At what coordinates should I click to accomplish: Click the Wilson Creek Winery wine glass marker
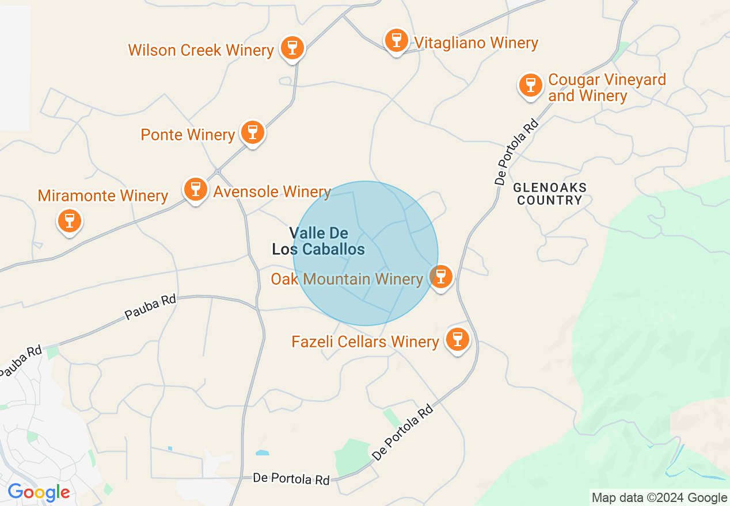[x=292, y=48]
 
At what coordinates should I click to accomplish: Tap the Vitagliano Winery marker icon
[x=396, y=40]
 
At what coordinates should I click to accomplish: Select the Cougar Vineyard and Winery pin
[x=530, y=85]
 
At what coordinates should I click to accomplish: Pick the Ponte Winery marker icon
[x=252, y=132]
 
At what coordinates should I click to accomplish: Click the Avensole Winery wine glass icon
[x=196, y=189]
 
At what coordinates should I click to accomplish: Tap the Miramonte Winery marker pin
[x=70, y=220]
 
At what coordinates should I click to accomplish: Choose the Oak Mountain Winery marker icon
[x=441, y=276]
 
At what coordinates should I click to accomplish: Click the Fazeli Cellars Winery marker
[x=458, y=339]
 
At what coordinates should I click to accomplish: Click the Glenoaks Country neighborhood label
[x=549, y=194]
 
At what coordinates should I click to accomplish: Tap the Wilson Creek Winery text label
[x=201, y=50]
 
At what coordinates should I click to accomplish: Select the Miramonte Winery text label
[x=103, y=196]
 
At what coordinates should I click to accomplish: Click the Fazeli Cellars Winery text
[x=366, y=342]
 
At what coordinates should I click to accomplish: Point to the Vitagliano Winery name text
[x=476, y=43]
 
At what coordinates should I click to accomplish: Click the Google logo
[x=39, y=492]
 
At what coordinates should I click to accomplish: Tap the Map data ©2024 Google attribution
[x=659, y=498]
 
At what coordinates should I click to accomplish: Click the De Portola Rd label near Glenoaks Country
[x=517, y=152]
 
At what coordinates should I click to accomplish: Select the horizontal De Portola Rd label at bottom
[x=291, y=479]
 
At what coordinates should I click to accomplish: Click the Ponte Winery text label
[x=188, y=135]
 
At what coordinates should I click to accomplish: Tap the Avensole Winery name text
[x=272, y=191]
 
